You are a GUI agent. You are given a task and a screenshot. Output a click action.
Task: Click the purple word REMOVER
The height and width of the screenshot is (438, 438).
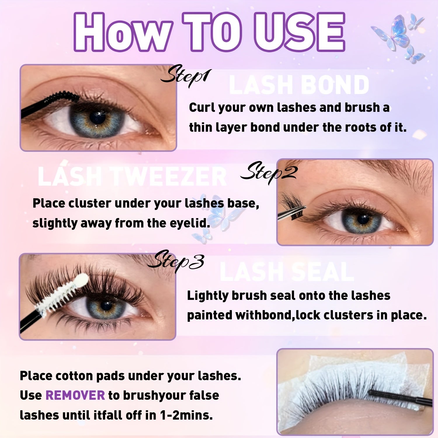(75, 395)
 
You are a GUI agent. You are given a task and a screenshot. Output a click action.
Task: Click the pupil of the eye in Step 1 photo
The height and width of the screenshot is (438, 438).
(97, 117)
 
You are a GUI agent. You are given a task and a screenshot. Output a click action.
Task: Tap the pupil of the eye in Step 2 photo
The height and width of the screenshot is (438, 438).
(363, 219)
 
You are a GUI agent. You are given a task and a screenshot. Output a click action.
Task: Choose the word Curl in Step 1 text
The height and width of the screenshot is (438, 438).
(202, 108)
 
